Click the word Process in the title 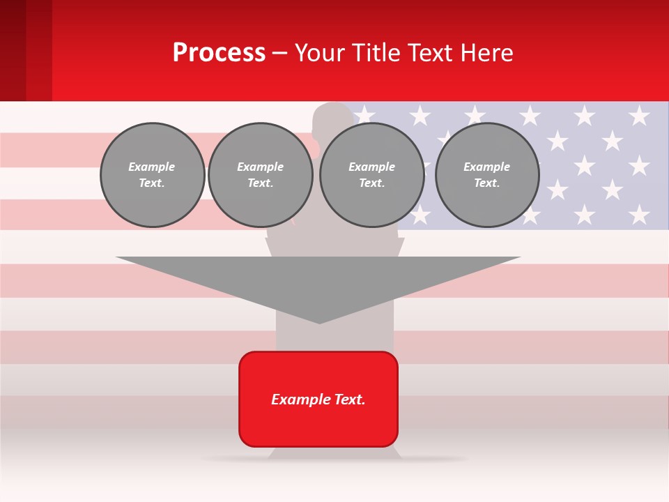coord(219,53)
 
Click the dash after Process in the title coord(279,54)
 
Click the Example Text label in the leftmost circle coord(152,175)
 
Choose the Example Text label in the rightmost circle coord(487,175)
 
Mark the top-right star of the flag coord(638,115)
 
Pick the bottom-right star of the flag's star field coord(638,214)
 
